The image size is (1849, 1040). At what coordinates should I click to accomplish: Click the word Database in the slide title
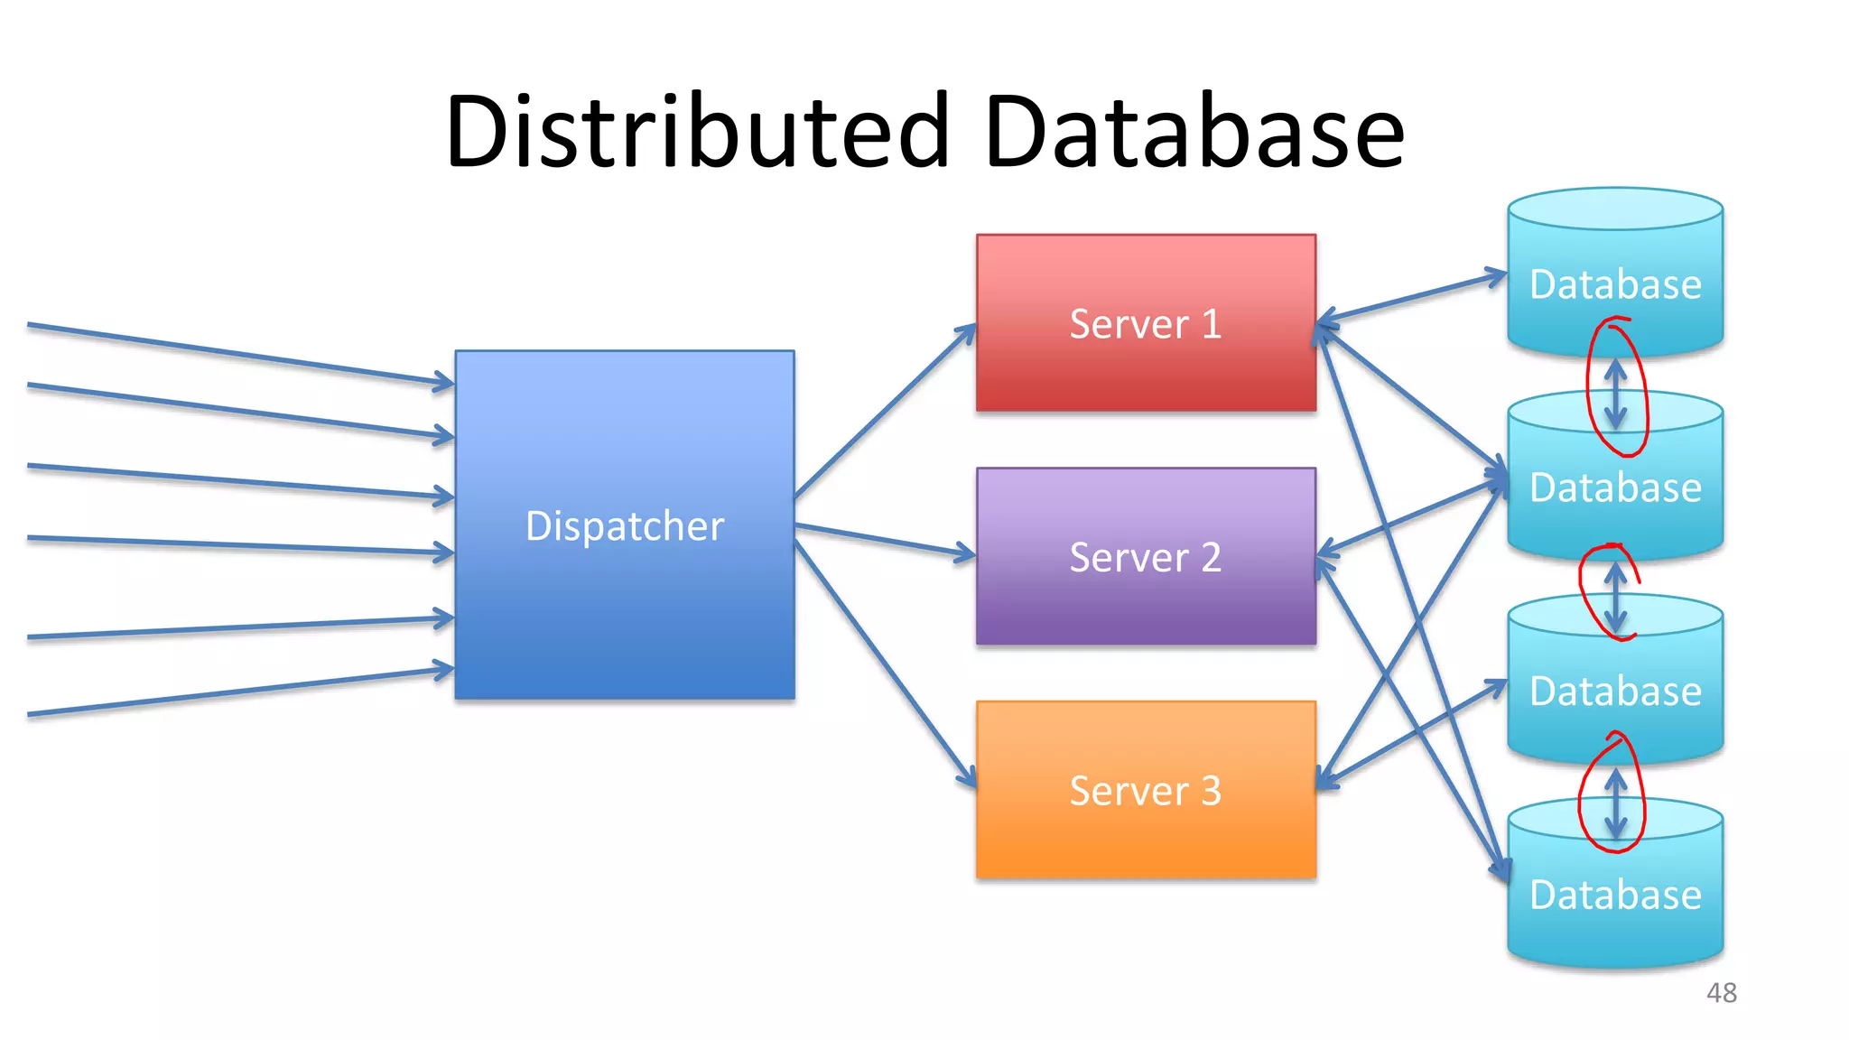(1194, 133)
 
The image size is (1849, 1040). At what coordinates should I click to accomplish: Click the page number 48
(1721, 992)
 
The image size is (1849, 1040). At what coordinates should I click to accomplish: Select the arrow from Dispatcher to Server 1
(885, 411)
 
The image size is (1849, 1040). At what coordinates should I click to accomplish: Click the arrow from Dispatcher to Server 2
(885, 539)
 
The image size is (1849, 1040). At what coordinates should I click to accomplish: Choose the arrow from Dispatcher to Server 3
(885, 664)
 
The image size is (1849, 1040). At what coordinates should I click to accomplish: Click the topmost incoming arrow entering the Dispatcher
(239, 353)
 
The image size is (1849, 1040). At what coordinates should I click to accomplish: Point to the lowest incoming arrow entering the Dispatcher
(239, 692)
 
